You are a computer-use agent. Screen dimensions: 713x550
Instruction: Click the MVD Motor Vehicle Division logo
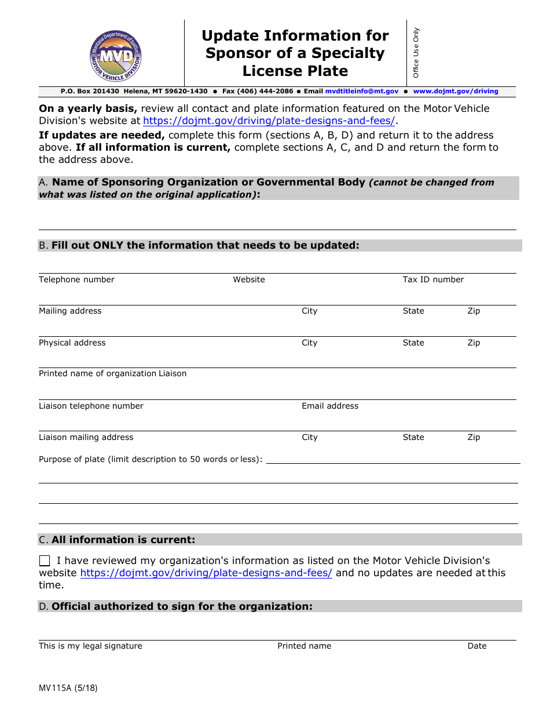tap(116, 57)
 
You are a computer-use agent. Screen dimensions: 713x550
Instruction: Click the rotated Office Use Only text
tap(416, 53)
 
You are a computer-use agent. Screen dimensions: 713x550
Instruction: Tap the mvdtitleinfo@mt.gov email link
tap(362, 92)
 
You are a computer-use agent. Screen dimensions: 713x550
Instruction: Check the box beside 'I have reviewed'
tap(45, 561)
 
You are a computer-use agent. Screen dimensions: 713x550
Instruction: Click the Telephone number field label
tap(76, 280)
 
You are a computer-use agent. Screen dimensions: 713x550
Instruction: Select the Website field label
tap(249, 280)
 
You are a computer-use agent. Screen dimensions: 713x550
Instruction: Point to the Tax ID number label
tap(433, 280)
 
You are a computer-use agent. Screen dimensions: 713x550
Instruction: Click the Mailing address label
tap(70, 311)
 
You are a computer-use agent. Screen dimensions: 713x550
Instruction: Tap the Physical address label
tap(72, 343)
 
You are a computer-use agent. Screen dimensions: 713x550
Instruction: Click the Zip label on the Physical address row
tap(474, 343)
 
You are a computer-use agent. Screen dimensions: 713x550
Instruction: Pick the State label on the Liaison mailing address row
tap(413, 438)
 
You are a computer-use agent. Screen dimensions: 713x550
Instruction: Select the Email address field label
tap(330, 406)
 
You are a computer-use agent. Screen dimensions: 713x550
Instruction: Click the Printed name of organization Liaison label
tap(112, 374)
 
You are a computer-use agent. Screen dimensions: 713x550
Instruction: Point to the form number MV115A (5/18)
tap(68, 689)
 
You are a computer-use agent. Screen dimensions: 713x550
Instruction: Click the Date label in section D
tap(477, 646)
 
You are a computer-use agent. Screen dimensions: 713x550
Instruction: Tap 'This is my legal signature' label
tap(90, 646)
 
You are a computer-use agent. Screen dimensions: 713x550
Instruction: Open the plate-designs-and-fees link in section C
tap(206, 573)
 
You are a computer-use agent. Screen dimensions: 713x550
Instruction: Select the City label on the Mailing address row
tap(310, 311)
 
